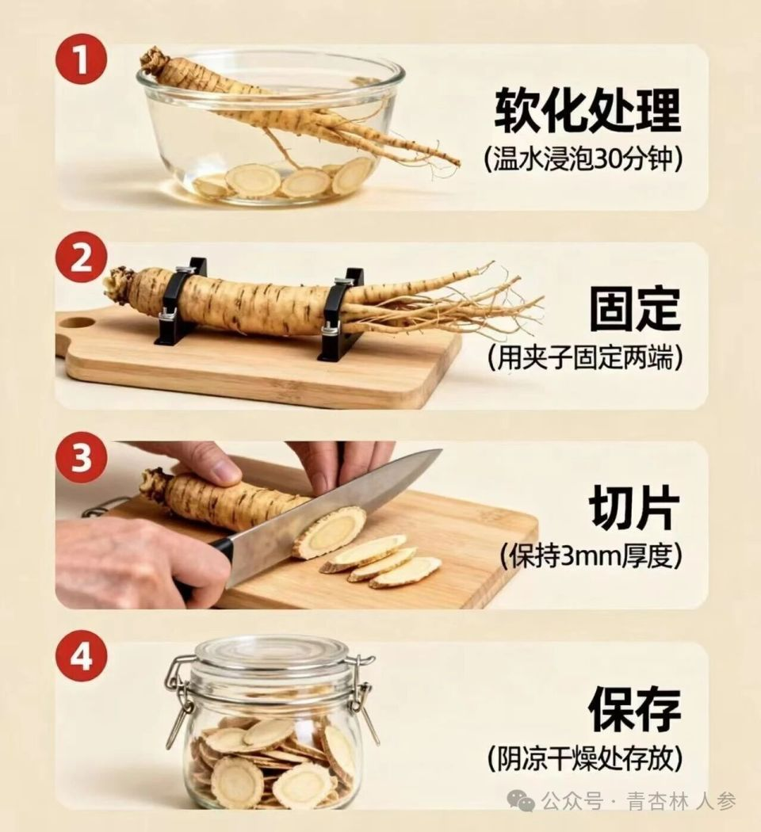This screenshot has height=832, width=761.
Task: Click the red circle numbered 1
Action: [x=81, y=59]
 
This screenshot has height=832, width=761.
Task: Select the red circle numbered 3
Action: [x=81, y=456]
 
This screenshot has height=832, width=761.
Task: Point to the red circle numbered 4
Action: [x=81, y=657]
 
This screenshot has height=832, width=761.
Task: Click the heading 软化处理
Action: [x=587, y=110]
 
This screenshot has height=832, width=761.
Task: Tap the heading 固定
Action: [x=635, y=308]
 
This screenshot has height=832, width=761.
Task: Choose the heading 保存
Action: [x=635, y=709]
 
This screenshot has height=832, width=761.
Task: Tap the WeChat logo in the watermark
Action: [x=521, y=800]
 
